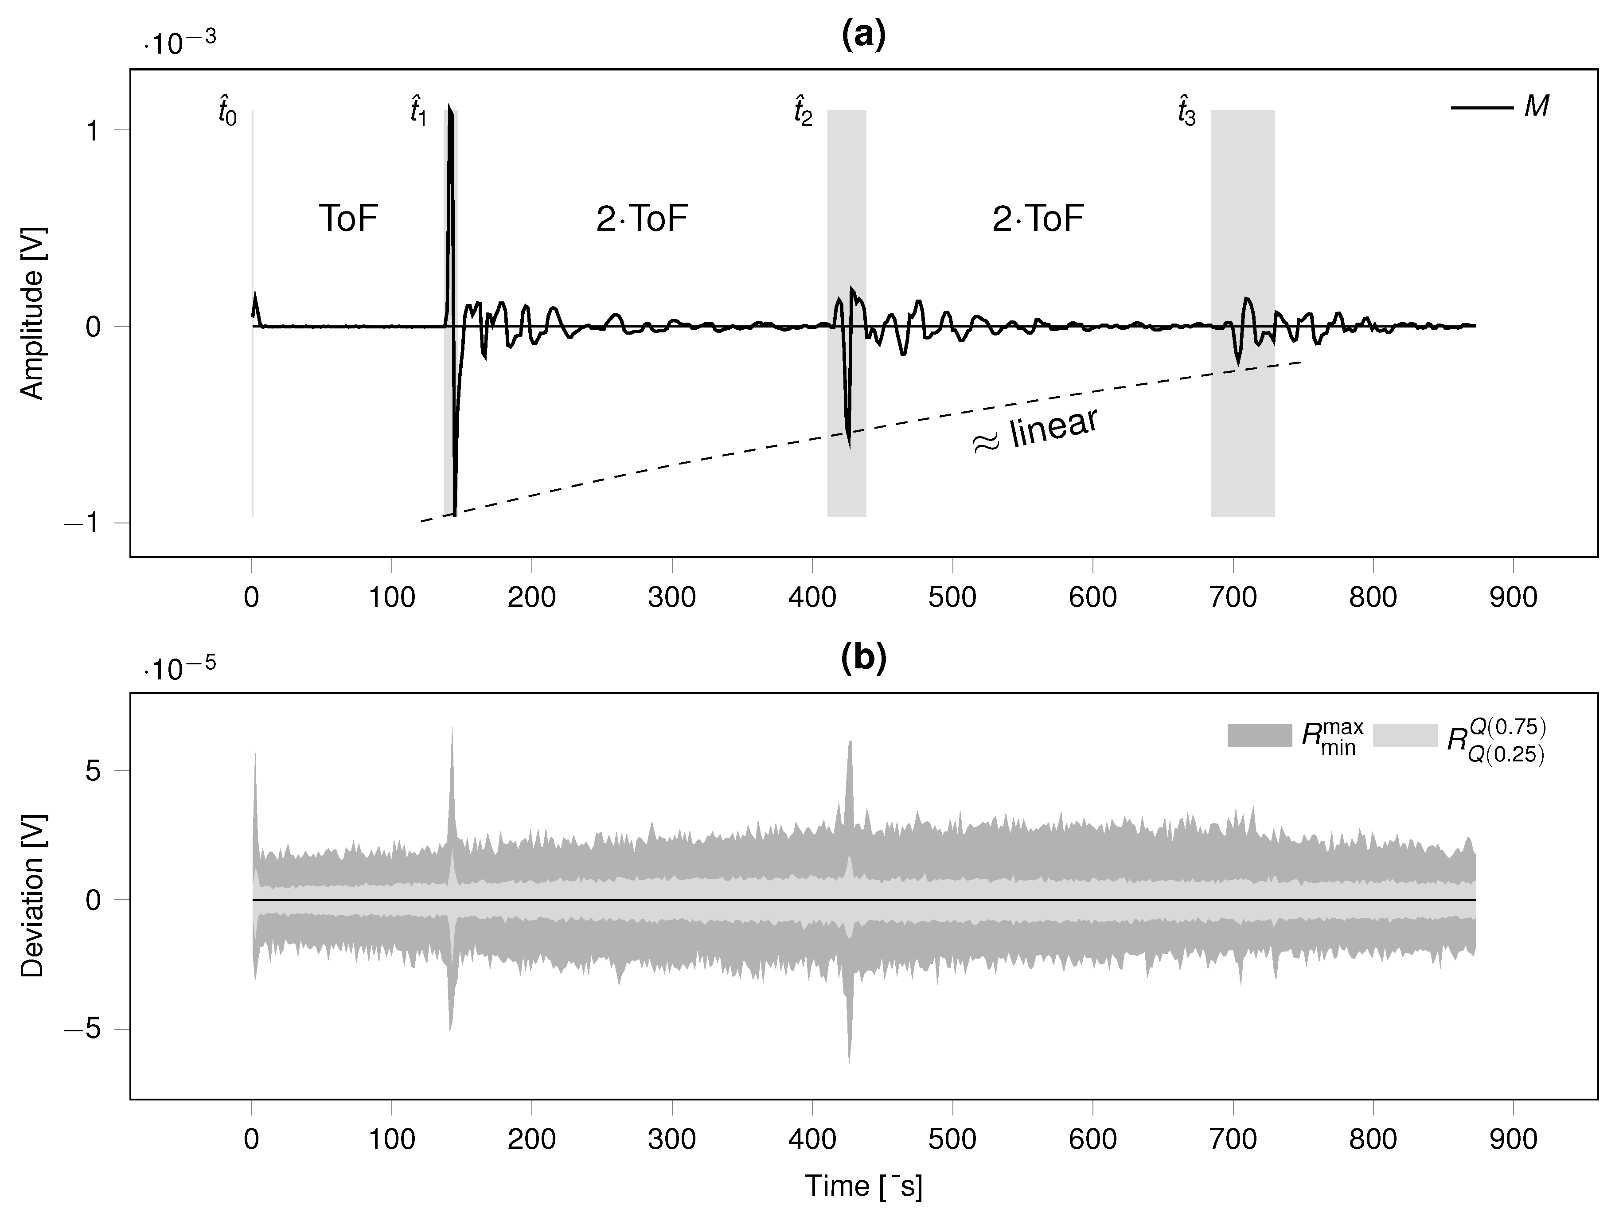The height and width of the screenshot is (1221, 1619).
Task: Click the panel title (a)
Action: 864,35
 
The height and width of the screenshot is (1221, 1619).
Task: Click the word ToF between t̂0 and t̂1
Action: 348,218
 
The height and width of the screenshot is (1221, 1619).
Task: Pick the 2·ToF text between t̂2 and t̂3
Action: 1038,218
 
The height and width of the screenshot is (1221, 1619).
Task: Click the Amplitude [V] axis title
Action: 32,313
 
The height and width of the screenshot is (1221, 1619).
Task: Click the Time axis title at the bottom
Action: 864,1186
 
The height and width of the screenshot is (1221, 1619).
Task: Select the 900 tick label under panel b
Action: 1513,1140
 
